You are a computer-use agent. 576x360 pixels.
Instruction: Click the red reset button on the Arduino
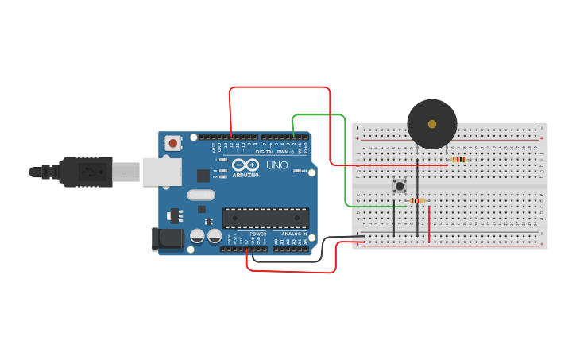click(172, 143)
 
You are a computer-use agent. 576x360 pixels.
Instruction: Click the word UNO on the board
click(276, 165)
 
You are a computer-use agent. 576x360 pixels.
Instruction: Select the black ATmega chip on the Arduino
click(265, 218)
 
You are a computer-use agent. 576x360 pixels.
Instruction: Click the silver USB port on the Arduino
click(161, 172)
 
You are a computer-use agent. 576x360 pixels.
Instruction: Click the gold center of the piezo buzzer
click(431, 124)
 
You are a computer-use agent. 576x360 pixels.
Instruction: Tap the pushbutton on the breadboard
click(400, 187)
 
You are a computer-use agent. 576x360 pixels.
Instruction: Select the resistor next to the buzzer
click(458, 160)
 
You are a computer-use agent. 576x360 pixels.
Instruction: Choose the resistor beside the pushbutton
click(417, 201)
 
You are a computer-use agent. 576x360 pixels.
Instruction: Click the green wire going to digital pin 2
click(345, 159)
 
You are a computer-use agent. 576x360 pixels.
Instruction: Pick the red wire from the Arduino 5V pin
click(294, 272)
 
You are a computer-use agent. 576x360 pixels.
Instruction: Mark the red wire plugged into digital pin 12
click(278, 87)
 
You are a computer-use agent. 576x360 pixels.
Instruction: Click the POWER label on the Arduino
click(258, 234)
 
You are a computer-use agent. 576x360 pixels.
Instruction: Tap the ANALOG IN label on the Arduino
click(293, 234)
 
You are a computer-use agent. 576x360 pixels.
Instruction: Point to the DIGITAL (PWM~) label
click(270, 151)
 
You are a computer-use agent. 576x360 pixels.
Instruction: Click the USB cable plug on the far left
click(56, 171)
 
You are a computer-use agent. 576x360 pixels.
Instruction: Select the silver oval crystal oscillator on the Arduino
click(201, 195)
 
